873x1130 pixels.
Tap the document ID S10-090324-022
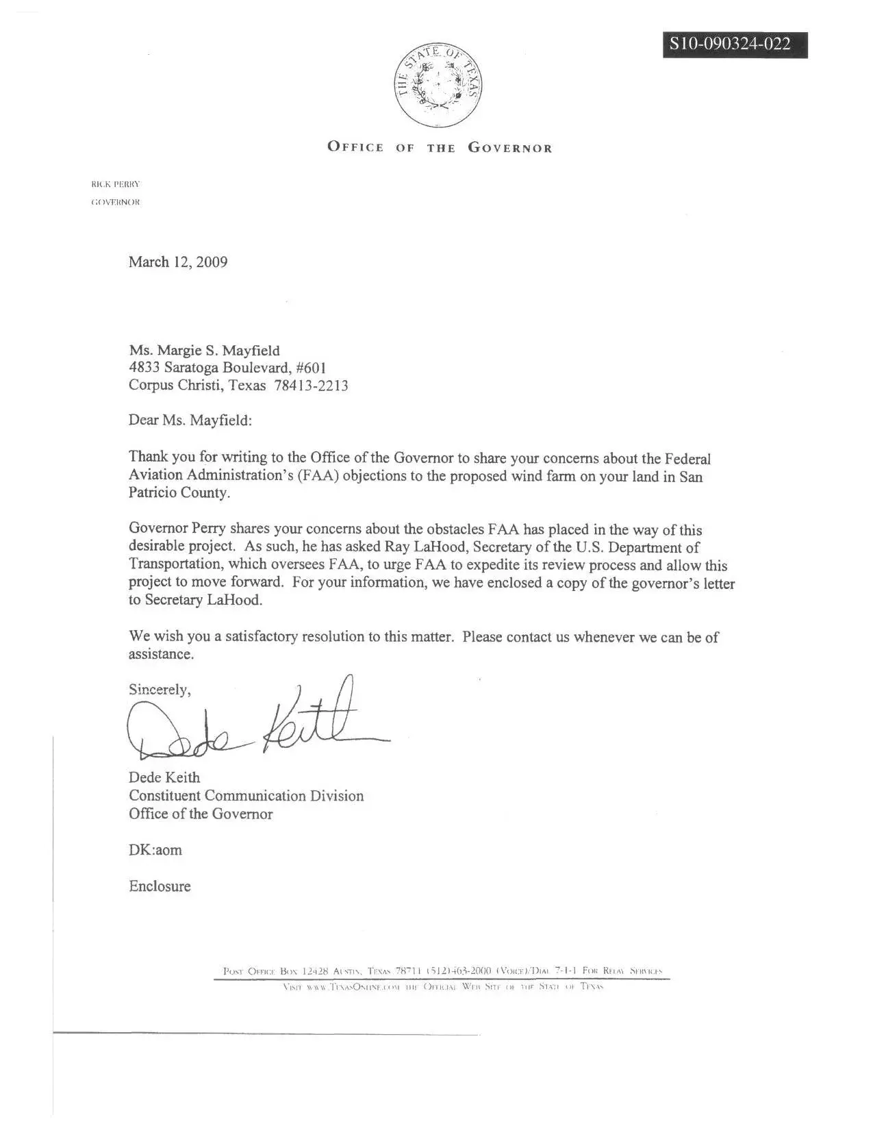pos(734,45)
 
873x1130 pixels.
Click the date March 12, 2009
pos(178,262)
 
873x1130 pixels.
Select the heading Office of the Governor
pos(440,148)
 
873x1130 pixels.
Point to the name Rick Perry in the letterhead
pos(116,184)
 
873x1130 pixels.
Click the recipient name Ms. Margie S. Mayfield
pos(204,351)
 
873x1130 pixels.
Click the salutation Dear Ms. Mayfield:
pos(190,420)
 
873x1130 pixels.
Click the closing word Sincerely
pos(160,690)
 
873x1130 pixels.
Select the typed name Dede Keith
pos(164,777)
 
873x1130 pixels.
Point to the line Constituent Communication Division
pos(246,796)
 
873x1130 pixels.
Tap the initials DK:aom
pos(155,850)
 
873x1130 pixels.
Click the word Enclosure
pos(160,886)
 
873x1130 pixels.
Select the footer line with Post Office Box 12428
pos(442,971)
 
